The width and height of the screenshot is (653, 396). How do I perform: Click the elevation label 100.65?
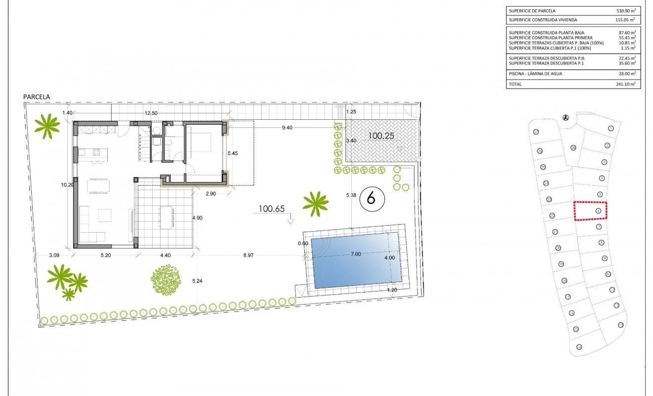pos(272,209)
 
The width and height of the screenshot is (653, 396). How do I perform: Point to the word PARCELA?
pos(37,98)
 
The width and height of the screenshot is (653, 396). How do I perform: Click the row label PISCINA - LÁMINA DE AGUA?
pos(535,74)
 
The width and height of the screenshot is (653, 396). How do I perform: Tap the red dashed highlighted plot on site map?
pos(590,211)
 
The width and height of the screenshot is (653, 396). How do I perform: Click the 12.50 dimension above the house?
pos(151,113)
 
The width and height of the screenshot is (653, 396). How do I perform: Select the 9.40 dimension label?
pos(287,128)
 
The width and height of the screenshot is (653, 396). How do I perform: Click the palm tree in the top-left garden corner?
pos(47,126)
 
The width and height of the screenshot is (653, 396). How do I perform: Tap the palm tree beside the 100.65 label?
pos(315,203)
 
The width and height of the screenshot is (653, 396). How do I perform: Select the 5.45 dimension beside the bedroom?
pos(233,153)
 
